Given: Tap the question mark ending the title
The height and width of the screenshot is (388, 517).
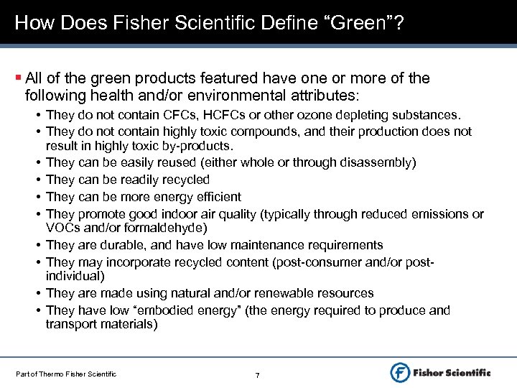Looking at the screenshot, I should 397,23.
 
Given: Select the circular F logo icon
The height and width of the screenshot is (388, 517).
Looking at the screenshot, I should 400,371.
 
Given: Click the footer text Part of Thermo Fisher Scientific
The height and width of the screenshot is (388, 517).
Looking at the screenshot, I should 65,373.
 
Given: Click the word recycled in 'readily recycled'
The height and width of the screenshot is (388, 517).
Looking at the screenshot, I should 184,180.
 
